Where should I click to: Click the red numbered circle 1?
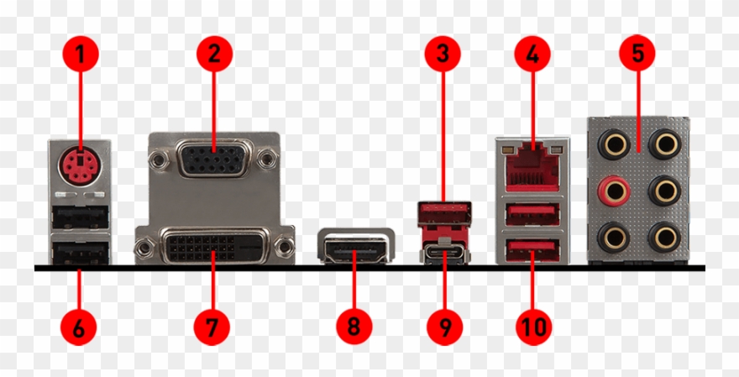click(81, 54)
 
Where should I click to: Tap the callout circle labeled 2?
click(214, 54)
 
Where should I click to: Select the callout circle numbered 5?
click(637, 53)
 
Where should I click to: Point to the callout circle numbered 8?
click(354, 326)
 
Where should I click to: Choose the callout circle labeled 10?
click(533, 326)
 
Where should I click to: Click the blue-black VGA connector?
click(214, 159)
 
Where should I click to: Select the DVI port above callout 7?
click(214, 246)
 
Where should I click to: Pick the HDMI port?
click(356, 246)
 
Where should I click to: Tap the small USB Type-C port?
click(444, 254)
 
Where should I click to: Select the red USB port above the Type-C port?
click(444, 213)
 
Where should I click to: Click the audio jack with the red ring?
click(614, 191)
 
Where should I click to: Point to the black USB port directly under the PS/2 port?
click(81, 218)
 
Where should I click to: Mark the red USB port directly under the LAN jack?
click(532, 214)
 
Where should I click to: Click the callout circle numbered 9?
click(445, 326)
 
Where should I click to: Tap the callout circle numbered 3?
click(443, 54)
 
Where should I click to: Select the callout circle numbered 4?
click(532, 54)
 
